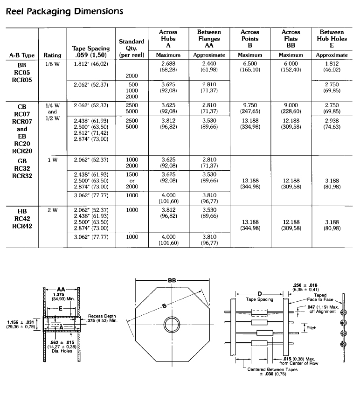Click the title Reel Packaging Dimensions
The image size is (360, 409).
tap(64, 11)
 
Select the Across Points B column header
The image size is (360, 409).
tap(250, 39)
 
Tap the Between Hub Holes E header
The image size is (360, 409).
tap(332, 39)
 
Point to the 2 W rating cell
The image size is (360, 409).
tap(52, 210)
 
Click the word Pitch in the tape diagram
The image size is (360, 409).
tap(312, 328)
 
